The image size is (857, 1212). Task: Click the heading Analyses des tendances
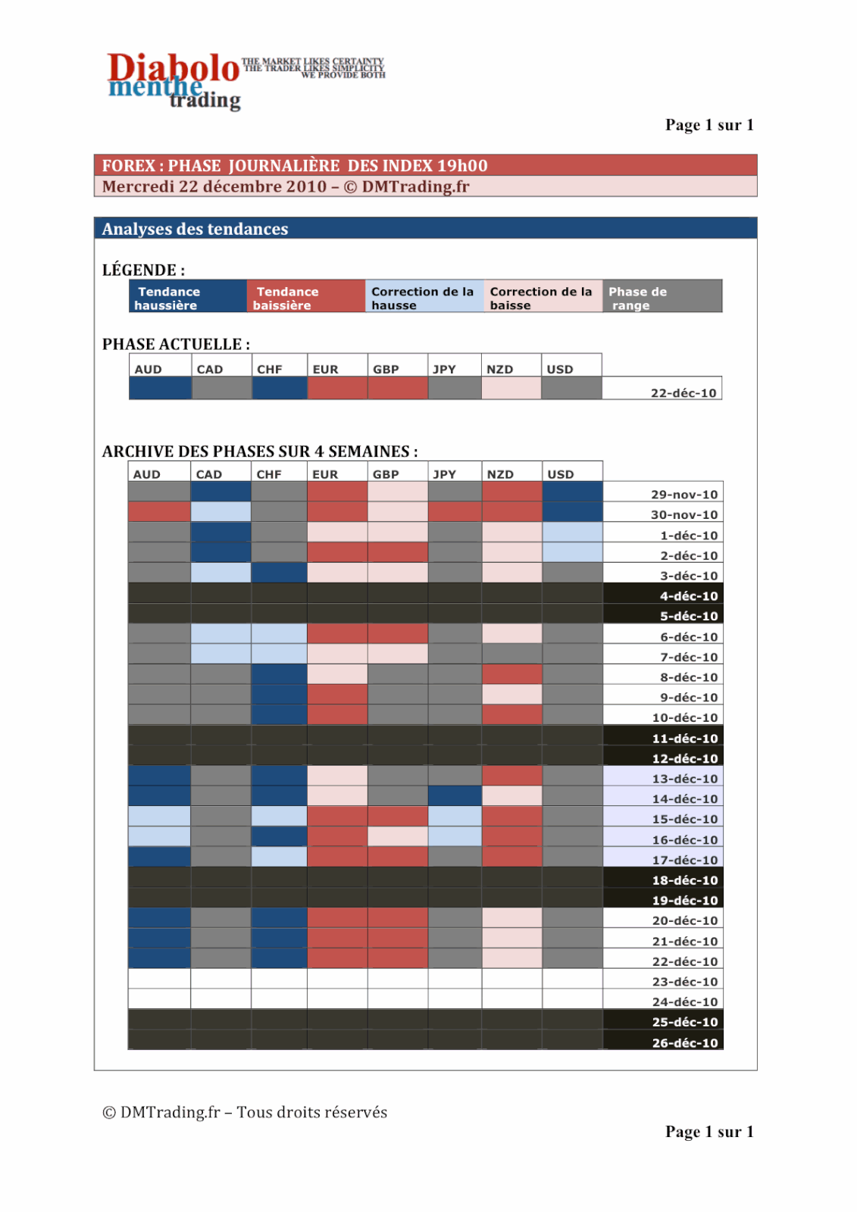[x=195, y=229]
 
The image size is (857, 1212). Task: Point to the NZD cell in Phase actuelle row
[x=511, y=389]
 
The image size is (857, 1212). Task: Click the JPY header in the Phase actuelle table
[x=445, y=369]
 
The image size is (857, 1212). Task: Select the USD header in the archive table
[x=561, y=474]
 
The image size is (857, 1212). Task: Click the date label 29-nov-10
[x=683, y=494]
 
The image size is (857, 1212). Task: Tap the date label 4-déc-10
[x=688, y=595]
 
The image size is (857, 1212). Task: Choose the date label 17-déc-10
[x=684, y=860]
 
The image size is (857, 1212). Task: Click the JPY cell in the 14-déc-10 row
[x=455, y=796]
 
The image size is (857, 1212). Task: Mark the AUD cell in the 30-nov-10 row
[x=159, y=512]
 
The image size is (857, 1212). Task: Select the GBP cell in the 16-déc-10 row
[x=398, y=836]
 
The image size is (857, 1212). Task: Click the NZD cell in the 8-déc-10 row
[x=512, y=674]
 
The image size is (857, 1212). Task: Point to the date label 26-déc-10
[x=684, y=1042]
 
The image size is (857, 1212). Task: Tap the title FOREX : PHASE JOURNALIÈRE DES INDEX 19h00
[x=295, y=165]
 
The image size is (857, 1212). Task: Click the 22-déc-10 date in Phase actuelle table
[x=683, y=392]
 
